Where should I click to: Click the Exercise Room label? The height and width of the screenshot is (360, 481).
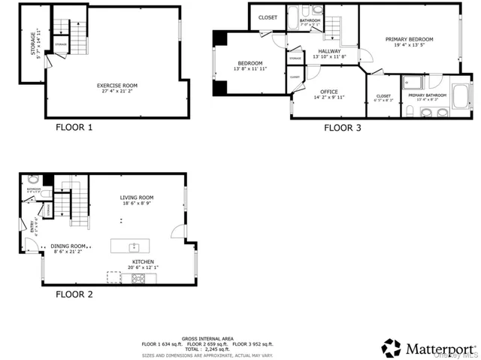[x=116, y=85]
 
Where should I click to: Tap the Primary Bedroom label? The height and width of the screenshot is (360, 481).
[x=409, y=38]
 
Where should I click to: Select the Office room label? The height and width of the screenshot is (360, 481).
[x=329, y=91]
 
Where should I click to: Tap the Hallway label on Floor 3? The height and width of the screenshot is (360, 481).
[x=329, y=51]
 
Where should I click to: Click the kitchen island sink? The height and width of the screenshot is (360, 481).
[x=135, y=247]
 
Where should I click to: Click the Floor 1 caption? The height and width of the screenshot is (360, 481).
[x=74, y=127]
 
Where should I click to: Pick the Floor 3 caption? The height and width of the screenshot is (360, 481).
[x=342, y=127]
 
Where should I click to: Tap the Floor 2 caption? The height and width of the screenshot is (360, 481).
[x=74, y=294]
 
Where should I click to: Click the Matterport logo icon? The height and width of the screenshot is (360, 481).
[x=391, y=348]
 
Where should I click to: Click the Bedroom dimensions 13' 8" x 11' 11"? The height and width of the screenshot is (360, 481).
[x=250, y=68]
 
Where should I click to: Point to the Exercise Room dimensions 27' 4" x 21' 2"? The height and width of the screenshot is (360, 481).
[x=116, y=92]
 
